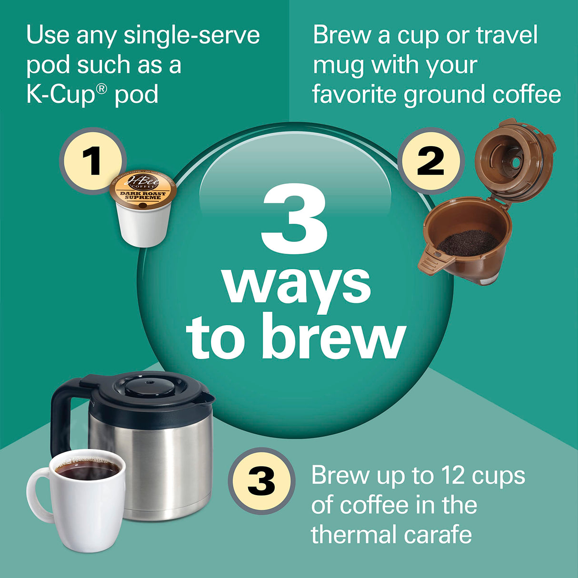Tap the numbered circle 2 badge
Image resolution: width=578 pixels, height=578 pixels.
click(430, 160)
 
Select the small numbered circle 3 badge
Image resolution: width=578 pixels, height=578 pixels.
click(261, 481)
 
